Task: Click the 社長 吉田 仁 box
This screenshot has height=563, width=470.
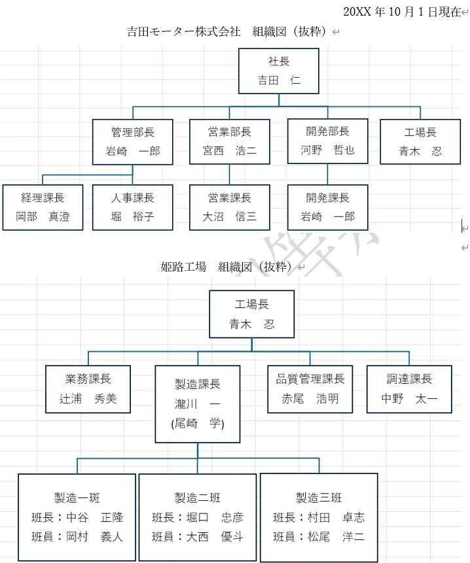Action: [x=278, y=71]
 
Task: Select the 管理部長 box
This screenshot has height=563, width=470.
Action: [x=133, y=142]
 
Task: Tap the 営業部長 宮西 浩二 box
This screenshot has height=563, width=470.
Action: [x=230, y=142]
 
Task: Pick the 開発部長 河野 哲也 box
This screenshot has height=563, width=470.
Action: [x=328, y=141]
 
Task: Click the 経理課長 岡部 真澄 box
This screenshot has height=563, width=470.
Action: [x=43, y=207]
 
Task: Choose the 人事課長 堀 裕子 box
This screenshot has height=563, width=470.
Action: [x=133, y=207]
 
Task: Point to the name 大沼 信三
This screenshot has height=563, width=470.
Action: [x=229, y=216]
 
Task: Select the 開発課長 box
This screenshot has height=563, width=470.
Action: [x=328, y=207]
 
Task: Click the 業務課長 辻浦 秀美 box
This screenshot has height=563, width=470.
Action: [x=88, y=389]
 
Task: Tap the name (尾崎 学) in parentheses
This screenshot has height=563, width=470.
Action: [x=198, y=423]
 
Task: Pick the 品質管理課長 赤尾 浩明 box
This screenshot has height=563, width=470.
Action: [x=310, y=389]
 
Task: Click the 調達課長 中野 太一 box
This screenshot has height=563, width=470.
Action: [x=409, y=389]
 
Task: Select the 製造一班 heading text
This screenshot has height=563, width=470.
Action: [x=77, y=498]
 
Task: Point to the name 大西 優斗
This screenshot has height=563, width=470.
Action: [x=215, y=537]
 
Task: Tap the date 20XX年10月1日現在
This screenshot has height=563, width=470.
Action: [x=402, y=12]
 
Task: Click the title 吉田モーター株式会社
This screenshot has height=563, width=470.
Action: [x=184, y=31]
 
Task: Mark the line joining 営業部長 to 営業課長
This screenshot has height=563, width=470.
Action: [x=230, y=175]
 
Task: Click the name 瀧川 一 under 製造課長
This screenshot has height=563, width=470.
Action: [x=198, y=404]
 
